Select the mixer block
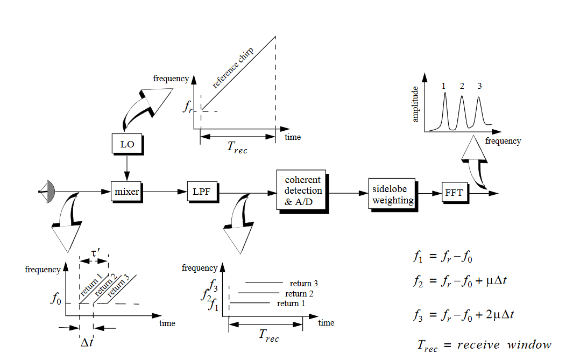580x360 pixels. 127,191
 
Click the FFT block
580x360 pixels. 454,193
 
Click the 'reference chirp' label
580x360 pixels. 233,67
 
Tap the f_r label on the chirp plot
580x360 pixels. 188,109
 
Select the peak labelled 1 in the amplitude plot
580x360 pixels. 445,108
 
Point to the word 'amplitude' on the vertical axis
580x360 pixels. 415,105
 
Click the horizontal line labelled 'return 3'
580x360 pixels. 264,282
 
